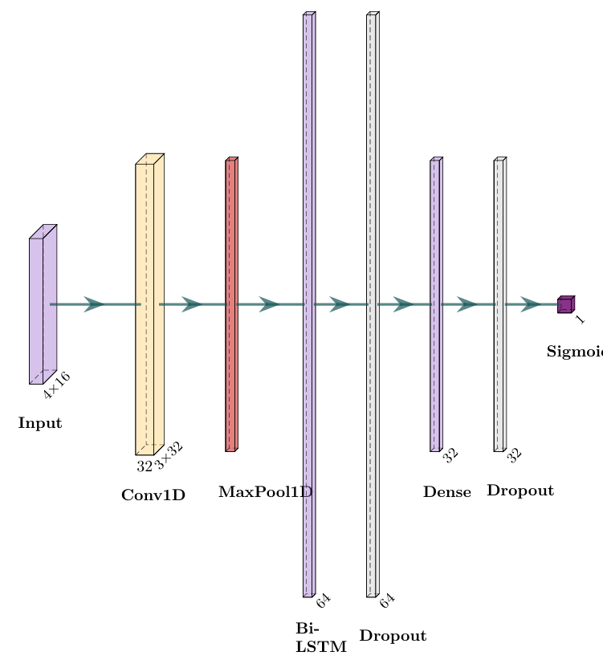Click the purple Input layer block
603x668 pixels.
pos(39,309)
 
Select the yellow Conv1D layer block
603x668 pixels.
pos(146,309)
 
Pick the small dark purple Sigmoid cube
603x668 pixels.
pos(564,305)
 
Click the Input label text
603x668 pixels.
pos(39,423)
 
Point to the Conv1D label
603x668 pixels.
pos(153,495)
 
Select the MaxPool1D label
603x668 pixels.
pos(264,491)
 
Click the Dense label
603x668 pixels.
pos(447,492)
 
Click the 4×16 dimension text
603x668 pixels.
pos(57,385)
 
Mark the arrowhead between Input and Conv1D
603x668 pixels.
pos(95,304)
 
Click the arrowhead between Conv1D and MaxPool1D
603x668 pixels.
pos(191,304)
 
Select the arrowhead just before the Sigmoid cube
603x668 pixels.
pos(531,304)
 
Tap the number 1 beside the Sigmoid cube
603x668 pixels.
pos(581,320)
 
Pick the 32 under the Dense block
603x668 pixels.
pos(450,455)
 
